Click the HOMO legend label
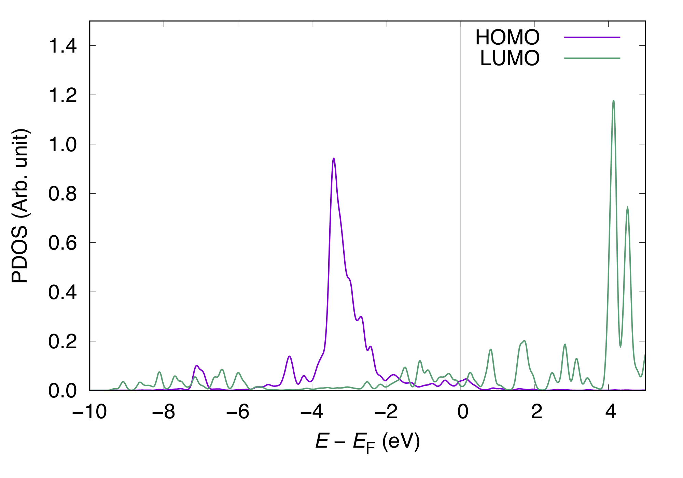click(x=507, y=37)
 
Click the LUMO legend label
click(x=510, y=58)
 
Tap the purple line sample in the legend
click(x=592, y=37)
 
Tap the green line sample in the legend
click(x=592, y=58)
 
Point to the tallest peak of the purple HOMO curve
click(x=334, y=158)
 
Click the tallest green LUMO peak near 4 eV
click(x=614, y=101)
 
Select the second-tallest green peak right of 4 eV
click(x=628, y=208)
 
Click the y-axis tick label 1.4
click(x=62, y=46)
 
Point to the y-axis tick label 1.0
click(x=62, y=144)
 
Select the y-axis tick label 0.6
click(x=62, y=243)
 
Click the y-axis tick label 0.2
click(x=62, y=341)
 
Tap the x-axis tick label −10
click(x=90, y=412)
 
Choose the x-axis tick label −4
click(x=312, y=412)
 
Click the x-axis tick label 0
click(x=463, y=412)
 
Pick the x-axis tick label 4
click(x=611, y=412)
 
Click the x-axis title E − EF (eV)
click(x=367, y=442)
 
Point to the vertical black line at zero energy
click(x=460, y=205)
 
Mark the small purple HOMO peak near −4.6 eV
click(x=290, y=356)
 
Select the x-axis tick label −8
click(x=164, y=412)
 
